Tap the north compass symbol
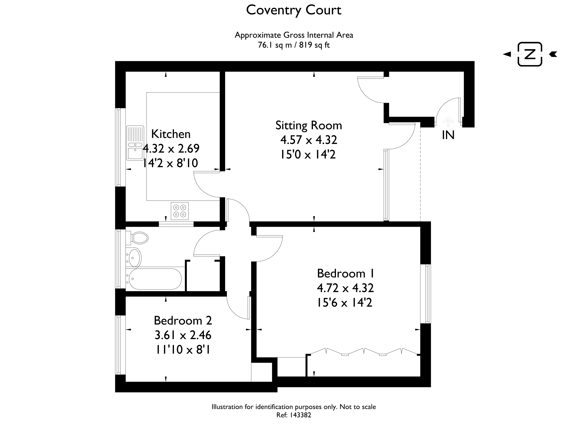[x=530, y=54]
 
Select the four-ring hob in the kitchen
[x=180, y=211]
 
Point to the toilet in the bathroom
[x=137, y=238]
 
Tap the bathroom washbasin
[x=134, y=258]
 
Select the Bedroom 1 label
[x=345, y=274]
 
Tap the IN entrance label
[x=448, y=135]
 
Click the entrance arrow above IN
[x=448, y=122]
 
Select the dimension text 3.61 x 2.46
[x=183, y=335]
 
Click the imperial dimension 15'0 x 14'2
[x=308, y=154]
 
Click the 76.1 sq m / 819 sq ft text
[x=294, y=45]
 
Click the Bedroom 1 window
[x=425, y=294]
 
